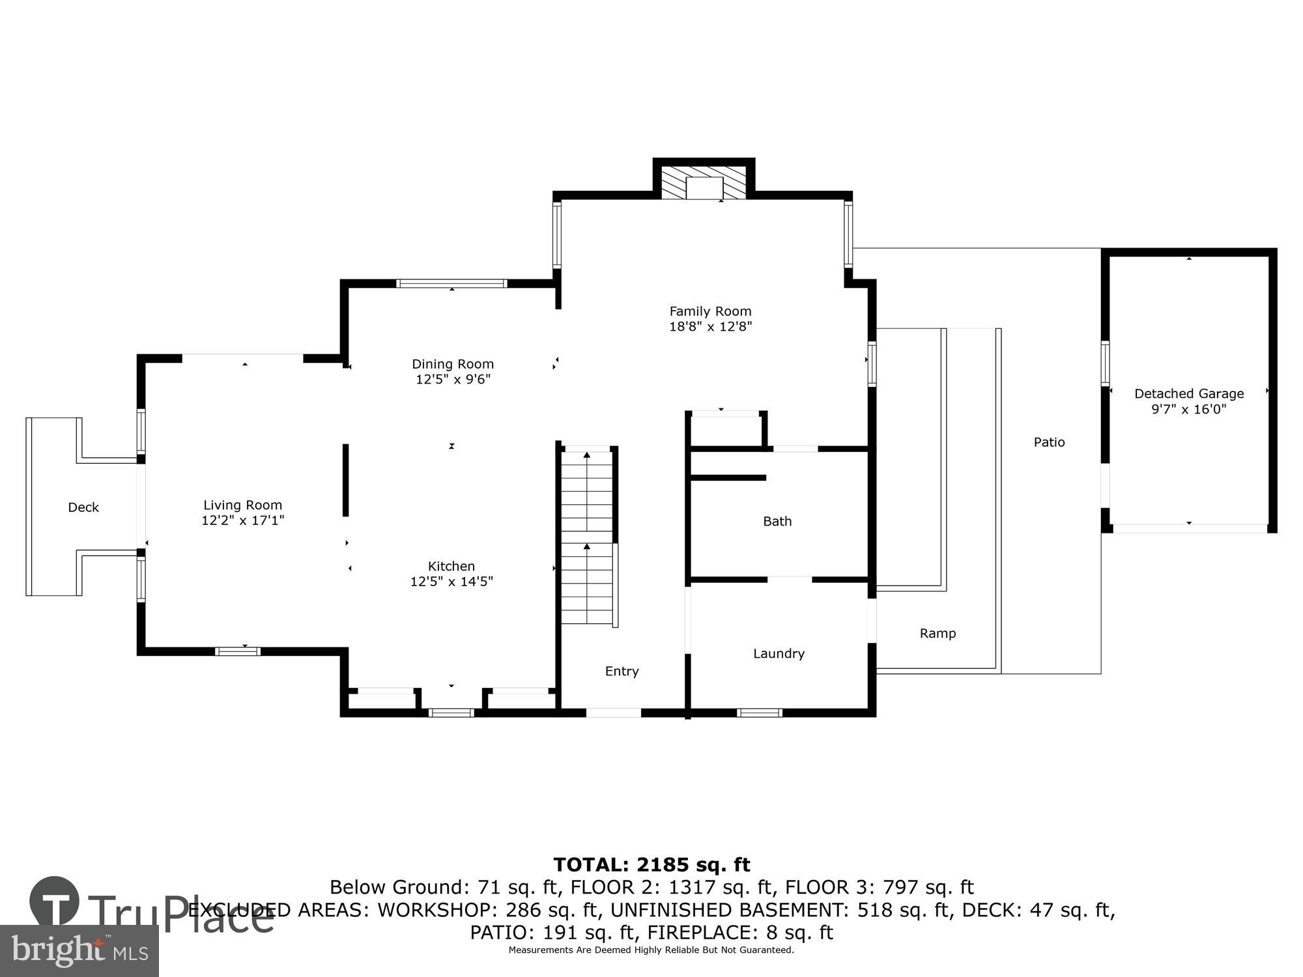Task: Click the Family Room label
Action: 710,311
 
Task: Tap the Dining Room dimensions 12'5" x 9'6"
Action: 453,379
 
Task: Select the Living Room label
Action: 242,505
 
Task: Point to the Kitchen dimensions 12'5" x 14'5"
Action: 451,582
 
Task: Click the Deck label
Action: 83,507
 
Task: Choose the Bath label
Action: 777,521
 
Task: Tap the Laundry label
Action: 779,653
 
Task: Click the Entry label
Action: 622,671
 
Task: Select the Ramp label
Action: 938,633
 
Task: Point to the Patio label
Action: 1049,442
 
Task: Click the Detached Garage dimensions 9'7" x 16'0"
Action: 1189,409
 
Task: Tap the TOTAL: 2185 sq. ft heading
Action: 651,865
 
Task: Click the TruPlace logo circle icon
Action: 55,902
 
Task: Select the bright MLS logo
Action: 79,951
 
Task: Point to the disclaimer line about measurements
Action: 651,950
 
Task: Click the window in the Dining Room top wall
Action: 451,283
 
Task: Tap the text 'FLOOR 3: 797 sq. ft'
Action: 879,887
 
